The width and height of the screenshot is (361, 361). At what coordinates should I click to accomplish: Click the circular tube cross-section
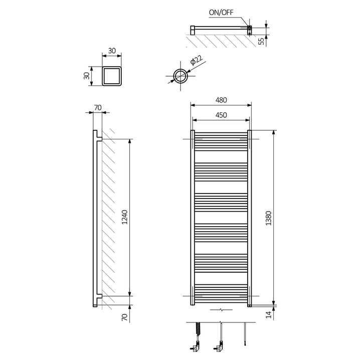pos(180,76)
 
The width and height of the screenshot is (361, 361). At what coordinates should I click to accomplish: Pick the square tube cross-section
pos(111,76)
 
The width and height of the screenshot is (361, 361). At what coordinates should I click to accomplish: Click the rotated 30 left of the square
pos(87,76)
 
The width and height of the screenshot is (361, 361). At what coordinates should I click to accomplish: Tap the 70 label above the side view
pos(97,107)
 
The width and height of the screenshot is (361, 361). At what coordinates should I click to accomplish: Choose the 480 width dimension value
pos(221,100)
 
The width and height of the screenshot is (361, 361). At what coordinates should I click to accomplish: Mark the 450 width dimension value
pos(221,115)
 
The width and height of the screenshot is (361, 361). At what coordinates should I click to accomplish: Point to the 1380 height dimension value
pos(269,216)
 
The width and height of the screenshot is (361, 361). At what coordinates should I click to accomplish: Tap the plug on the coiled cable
pos(195,346)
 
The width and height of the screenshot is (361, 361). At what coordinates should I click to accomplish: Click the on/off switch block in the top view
pos(249,29)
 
